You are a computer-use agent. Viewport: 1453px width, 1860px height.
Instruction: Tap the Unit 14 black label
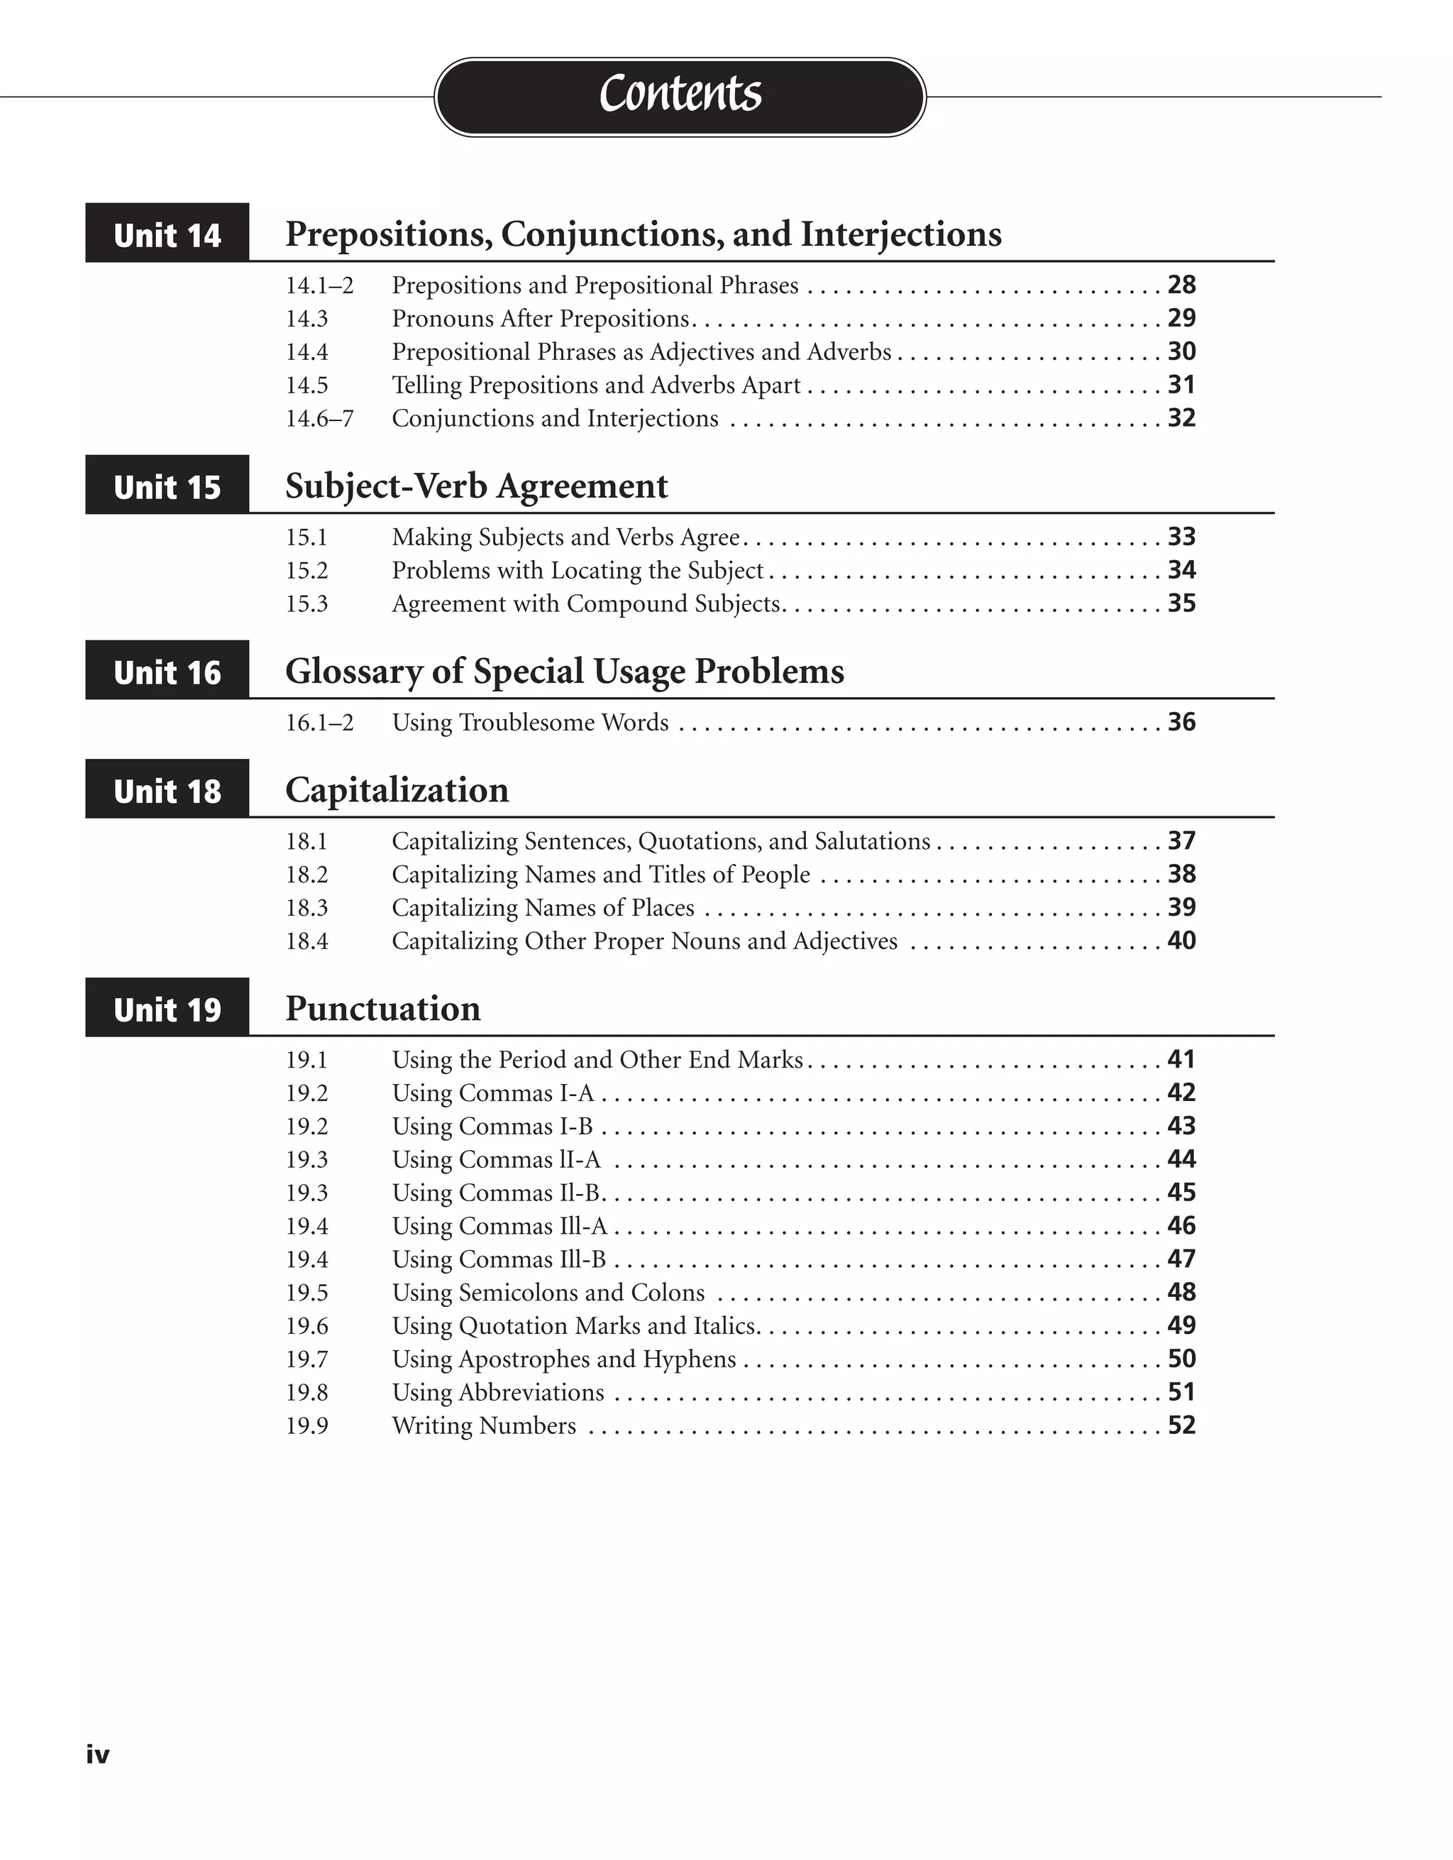pyautogui.click(x=167, y=234)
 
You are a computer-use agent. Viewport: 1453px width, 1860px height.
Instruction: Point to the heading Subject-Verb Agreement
pyautogui.click(x=476, y=486)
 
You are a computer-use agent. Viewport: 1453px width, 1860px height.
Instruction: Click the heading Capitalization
pyautogui.click(x=397, y=790)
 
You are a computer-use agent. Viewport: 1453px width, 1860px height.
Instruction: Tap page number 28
pyautogui.click(x=1181, y=285)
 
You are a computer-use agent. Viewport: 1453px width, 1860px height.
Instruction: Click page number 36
pyautogui.click(x=1181, y=722)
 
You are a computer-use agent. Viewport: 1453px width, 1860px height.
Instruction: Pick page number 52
pyautogui.click(x=1181, y=1425)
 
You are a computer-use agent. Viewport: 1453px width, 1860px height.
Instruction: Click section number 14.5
pyautogui.click(x=306, y=385)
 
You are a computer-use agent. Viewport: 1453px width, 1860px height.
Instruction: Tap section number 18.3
pyautogui.click(x=306, y=908)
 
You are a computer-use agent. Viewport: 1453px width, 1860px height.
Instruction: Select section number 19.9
pyautogui.click(x=306, y=1426)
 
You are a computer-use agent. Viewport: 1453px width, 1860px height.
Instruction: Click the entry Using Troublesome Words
pyautogui.click(x=529, y=722)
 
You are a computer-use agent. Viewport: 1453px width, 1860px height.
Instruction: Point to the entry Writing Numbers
pyautogui.click(x=483, y=1426)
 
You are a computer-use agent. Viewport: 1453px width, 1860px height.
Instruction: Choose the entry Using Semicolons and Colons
pyautogui.click(x=548, y=1293)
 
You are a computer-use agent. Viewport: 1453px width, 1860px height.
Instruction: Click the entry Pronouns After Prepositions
pyautogui.click(x=541, y=319)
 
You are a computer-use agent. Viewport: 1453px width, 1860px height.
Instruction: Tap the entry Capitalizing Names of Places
pyautogui.click(x=542, y=908)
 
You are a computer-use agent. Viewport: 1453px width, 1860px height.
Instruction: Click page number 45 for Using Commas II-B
pyautogui.click(x=1181, y=1192)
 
